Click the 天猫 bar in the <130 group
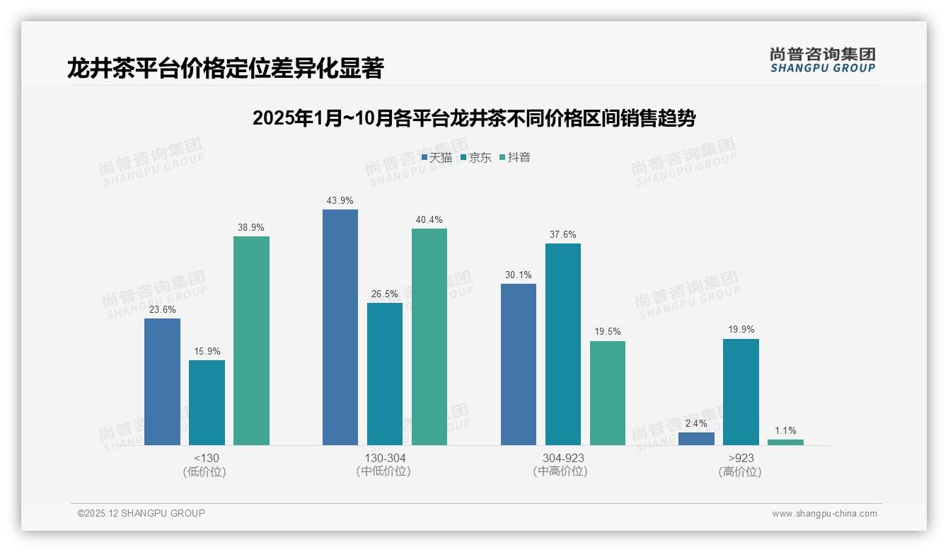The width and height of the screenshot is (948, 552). (x=162, y=381)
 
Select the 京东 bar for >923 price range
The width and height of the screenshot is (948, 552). (x=741, y=392)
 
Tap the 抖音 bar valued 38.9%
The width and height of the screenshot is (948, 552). (x=251, y=340)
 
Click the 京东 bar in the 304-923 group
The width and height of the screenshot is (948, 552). (x=562, y=344)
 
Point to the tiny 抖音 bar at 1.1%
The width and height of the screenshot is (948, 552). (x=785, y=442)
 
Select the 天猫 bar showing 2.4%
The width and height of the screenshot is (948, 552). (x=696, y=439)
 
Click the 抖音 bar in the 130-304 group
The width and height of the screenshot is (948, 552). (x=429, y=336)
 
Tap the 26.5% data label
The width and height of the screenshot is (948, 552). (x=385, y=294)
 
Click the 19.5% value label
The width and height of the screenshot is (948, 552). (x=608, y=332)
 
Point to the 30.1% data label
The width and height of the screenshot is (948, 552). (x=518, y=275)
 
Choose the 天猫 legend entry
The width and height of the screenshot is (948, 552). (x=437, y=157)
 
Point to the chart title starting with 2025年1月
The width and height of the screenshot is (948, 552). (x=474, y=118)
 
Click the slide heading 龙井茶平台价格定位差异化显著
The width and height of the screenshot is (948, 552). (x=226, y=69)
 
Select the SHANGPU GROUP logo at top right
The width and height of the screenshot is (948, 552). (x=823, y=60)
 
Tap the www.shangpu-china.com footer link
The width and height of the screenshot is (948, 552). (x=824, y=513)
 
